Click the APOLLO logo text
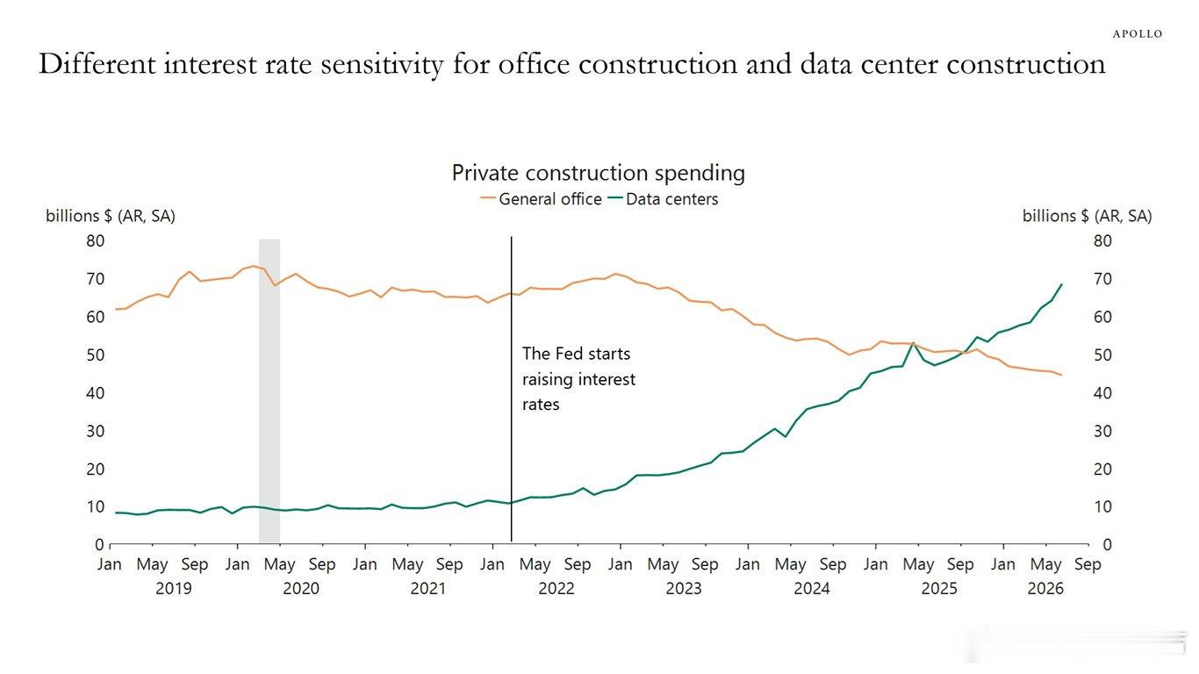coord(1138,34)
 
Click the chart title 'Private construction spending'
coord(598,173)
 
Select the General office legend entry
coord(542,199)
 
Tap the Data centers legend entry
coord(664,199)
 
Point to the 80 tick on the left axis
coord(96,241)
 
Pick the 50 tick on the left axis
coord(96,355)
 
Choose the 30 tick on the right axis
coord(1102,431)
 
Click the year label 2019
coord(174,589)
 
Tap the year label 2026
coord(1045,589)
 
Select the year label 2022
coord(556,589)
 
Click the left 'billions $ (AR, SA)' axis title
coord(111,216)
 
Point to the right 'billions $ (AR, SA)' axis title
coord(1088,216)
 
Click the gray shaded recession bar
coord(269,391)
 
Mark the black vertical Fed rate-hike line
coord(511,389)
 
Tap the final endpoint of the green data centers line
coord(1061,284)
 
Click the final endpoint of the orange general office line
coord(1061,375)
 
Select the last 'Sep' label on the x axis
coord(1088,565)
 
